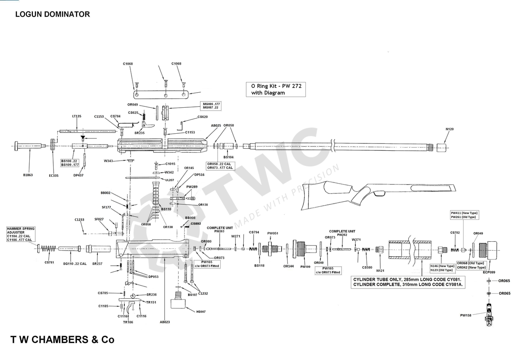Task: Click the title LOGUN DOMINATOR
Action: (x=52, y=14)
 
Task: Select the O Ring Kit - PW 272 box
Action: (x=275, y=89)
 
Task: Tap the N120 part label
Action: (x=449, y=129)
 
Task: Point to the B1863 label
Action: (x=28, y=175)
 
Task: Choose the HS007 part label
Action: (x=201, y=312)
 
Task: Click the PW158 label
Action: (x=466, y=315)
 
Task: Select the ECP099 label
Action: (x=489, y=272)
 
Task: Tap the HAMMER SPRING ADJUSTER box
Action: (x=20, y=234)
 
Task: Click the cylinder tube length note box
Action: (x=408, y=282)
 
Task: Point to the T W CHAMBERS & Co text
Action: (x=62, y=340)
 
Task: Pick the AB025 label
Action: (x=216, y=126)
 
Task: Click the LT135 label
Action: (x=77, y=116)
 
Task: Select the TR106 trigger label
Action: (x=128, y=322)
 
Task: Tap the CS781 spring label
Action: (x=49, y=262)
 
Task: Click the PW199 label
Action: (x=305, y=267)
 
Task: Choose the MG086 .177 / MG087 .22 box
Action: (x=212, y=106)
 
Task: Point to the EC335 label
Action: (x=53, y=176)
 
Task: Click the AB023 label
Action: (x=165, y=322)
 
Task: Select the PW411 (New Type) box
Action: (x=465, y=215)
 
